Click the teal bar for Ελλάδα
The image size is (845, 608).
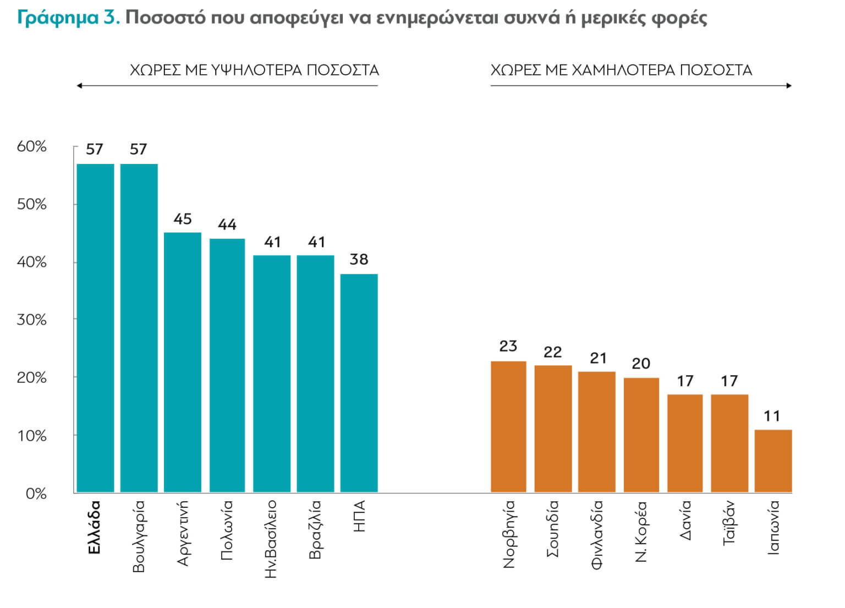(95, 328)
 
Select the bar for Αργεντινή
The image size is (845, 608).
(183, 362)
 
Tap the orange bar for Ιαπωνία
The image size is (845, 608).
(773, 461)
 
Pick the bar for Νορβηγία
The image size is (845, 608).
(508, 426)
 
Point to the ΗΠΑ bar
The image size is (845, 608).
(359, 383)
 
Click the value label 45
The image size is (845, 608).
(183, 219)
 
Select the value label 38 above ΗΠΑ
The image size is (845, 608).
(359, 259)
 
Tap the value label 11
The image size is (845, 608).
(772, 416)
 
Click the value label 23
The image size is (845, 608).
(508, 346)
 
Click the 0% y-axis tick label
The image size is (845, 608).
(36, 493)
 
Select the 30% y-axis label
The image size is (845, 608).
(32, 320)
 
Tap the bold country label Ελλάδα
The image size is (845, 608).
(94, 527)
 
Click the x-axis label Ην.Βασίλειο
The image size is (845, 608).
(271, 539)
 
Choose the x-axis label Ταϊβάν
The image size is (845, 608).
(729, 523)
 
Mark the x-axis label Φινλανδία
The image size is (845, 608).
(597, 535)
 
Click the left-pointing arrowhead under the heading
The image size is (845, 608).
(79, 86)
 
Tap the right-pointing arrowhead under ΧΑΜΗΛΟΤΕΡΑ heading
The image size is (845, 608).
(789, 86)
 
